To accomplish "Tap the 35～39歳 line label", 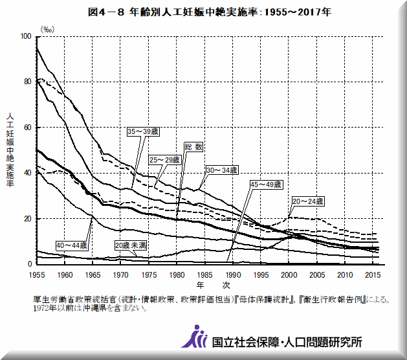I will tap(142, 131).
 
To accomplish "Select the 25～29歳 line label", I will tap(165, 159).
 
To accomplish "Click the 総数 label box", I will tap(193, 147).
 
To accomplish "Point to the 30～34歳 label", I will tap(222, 170).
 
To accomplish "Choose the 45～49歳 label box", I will tap(266, 185).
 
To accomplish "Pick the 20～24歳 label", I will tap(308, 201).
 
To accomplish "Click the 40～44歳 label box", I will tap(72, 245).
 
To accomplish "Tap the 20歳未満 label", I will tap(129, 245).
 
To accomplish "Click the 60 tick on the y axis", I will tap(27, 128).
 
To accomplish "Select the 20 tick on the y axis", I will tap(27, 219).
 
